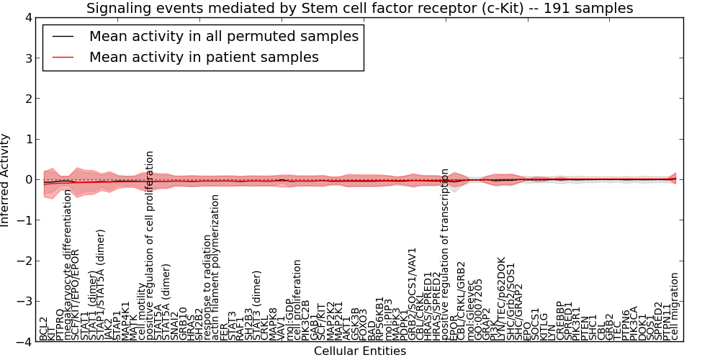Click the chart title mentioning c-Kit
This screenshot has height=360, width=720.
pyautogui.click(x=359, y=9)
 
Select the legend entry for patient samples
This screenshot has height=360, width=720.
pyautogui.click(x=204, y=57)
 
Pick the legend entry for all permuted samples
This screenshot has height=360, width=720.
pyautogui.click(x=224, y=36)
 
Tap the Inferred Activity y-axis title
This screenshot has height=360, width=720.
pyautogui.click(x=6, y=179)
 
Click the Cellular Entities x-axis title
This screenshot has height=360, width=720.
pyautogui.click(x=360, y=351)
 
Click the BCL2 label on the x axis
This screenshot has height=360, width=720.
pyautogui.click(x=44, y=328)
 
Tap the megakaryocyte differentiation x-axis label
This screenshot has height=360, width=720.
pyautogui.click(x=68, y=270)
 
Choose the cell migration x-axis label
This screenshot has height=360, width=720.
pyautogui.click(x=675, y=306)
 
